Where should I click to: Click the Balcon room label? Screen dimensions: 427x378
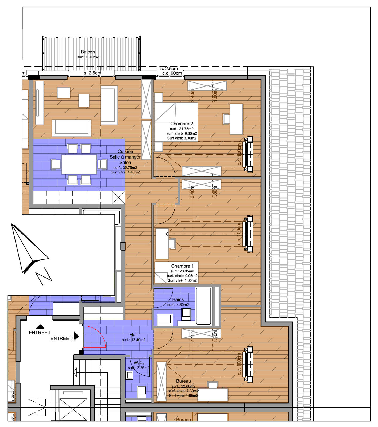[x=88, y=52]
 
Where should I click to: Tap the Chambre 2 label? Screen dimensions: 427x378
[x=182, y=124]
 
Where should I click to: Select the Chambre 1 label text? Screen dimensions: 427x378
[x=182, y=266]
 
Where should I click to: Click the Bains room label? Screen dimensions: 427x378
[x=178, y=299]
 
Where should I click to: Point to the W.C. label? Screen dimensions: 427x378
[x=139, y=362]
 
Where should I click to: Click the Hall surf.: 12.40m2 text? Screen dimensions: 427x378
[x=134, y=340]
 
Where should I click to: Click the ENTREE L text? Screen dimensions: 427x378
[x=40, y=333]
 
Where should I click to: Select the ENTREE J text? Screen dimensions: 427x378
[x=61, y=338]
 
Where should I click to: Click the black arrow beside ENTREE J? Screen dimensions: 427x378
[x=76, y=336]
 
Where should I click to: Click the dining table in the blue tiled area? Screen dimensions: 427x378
[x=79, y=164]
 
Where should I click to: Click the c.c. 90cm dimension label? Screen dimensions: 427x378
[x=172, y=73]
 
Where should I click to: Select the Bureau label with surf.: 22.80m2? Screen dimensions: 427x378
[x=183, y=381]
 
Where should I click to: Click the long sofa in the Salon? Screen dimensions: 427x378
[x=71, y=127]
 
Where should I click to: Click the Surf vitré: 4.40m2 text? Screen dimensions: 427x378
[x=125, y=172]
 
